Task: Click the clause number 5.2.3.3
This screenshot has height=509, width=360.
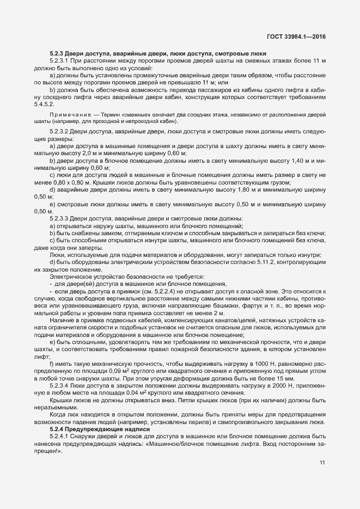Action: [60, 218]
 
